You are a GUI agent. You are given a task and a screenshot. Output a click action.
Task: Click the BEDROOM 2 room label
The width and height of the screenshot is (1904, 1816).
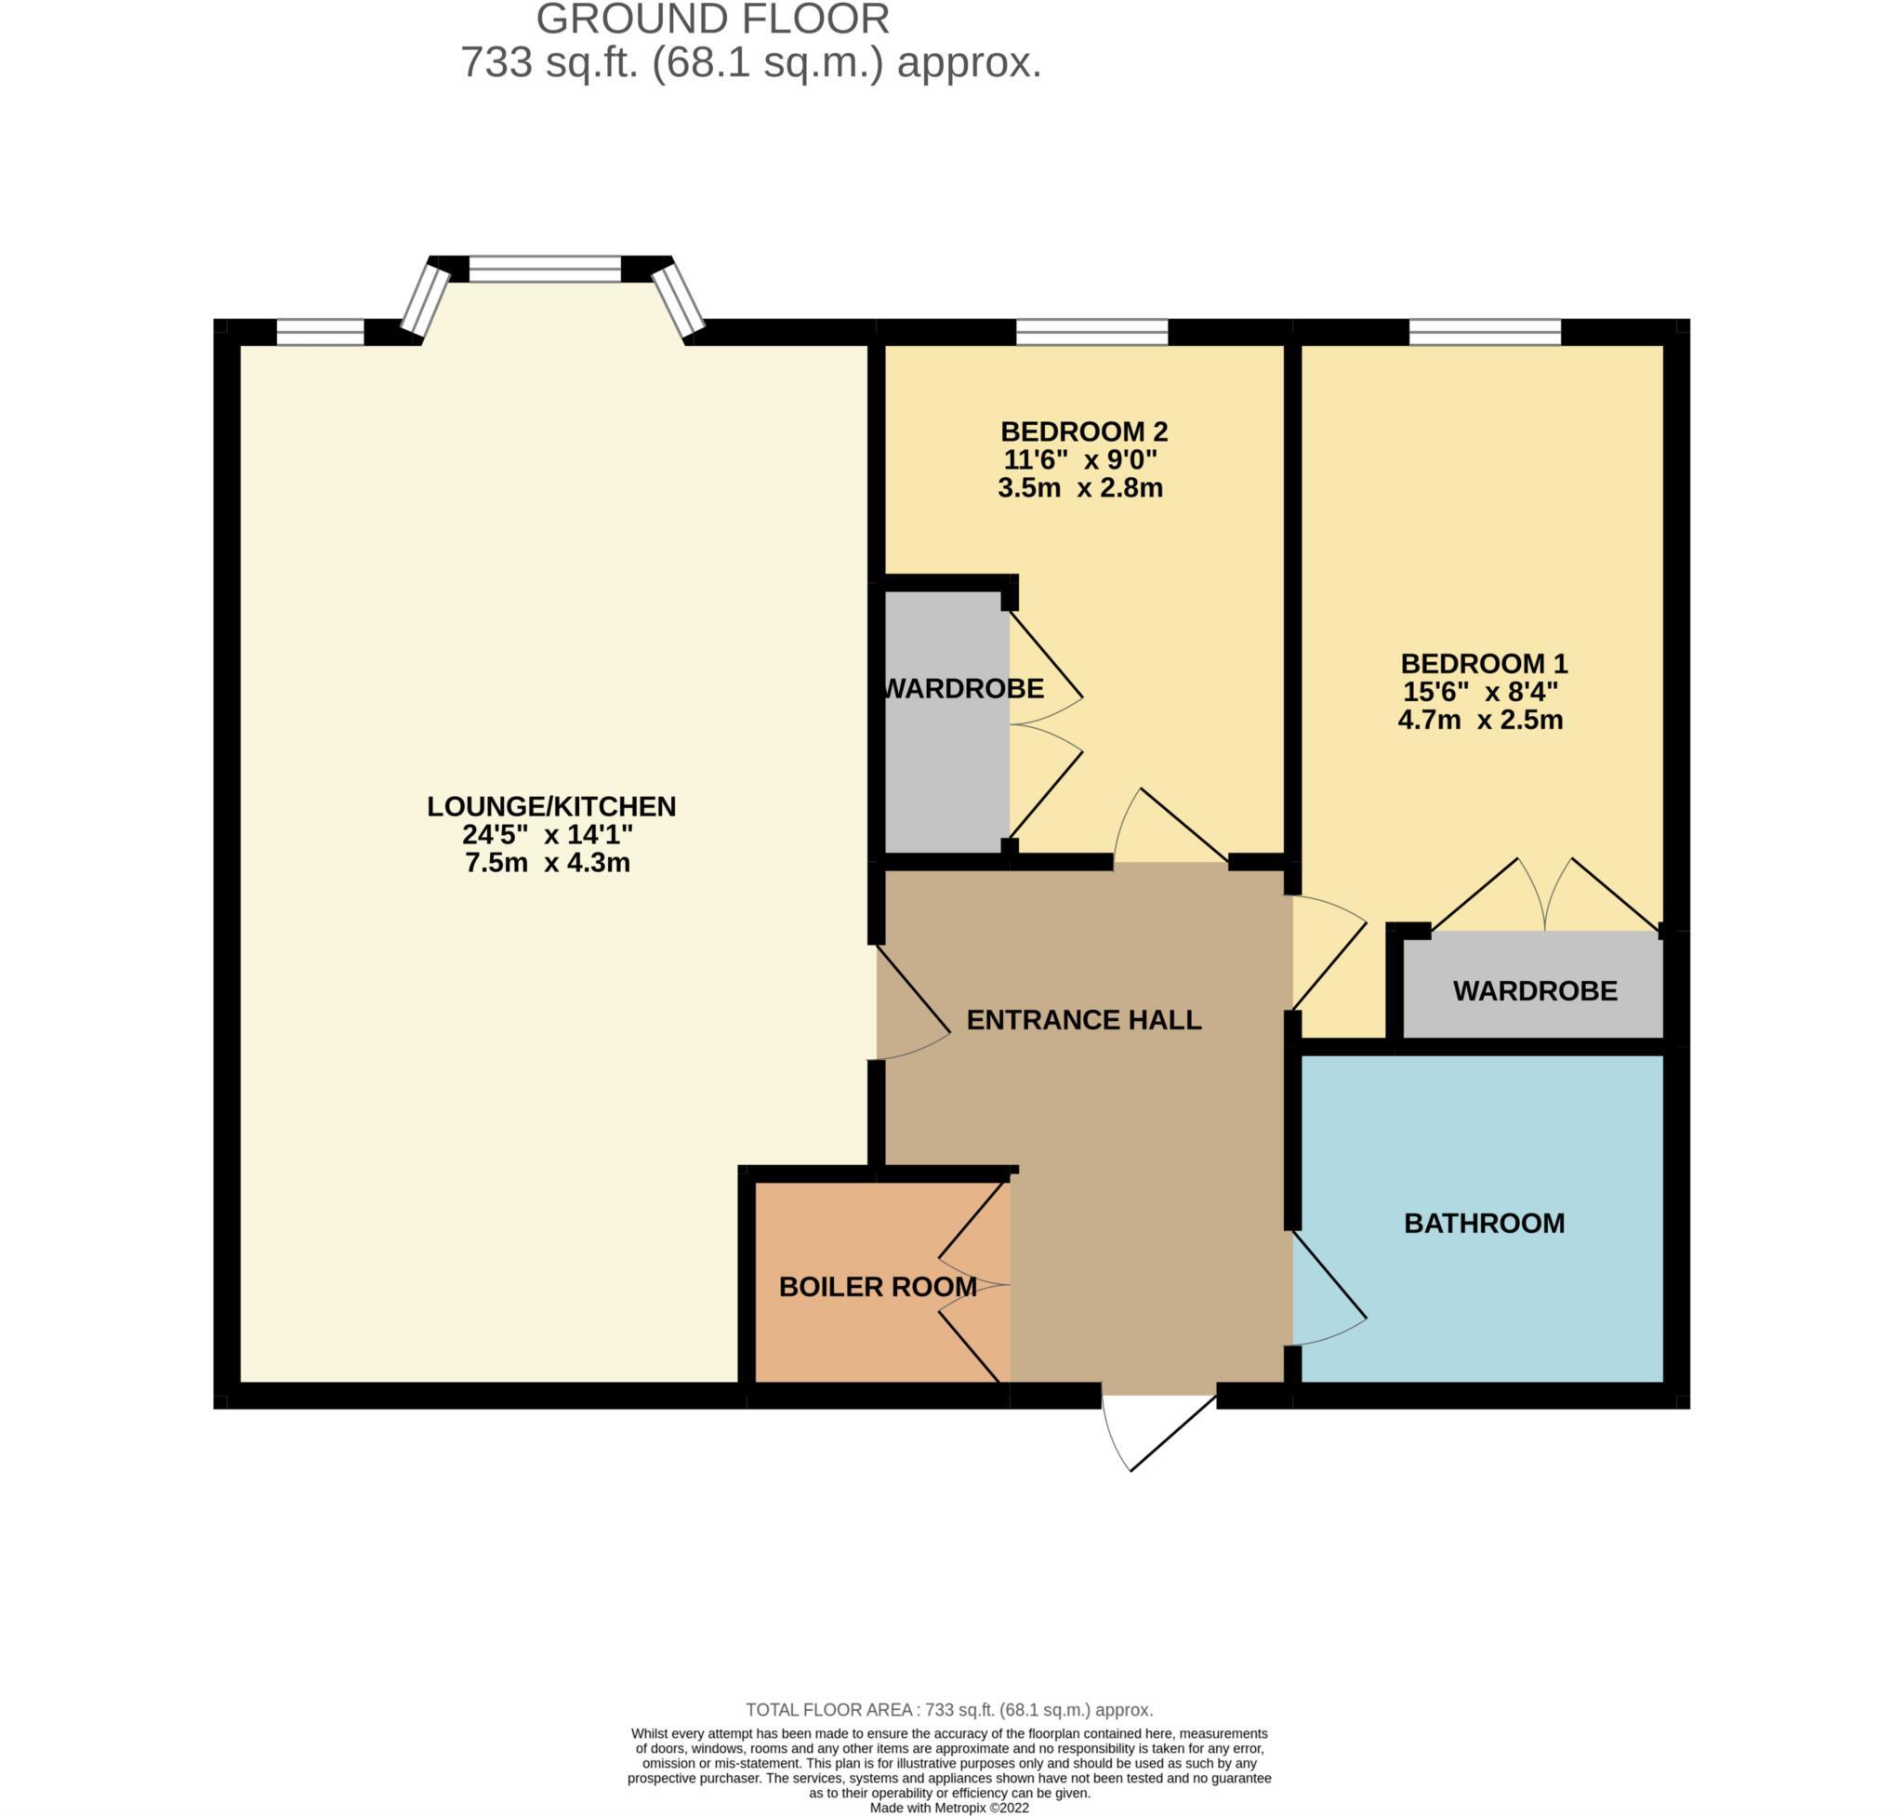click(1083, 431)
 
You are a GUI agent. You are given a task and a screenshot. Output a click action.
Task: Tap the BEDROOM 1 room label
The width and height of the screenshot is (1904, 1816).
click(1483, 664)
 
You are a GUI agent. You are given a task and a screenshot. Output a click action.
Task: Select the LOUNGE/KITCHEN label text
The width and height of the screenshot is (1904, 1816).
click(550, 806)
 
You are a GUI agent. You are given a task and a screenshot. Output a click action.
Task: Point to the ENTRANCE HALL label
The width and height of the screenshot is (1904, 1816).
click(1083, 1019)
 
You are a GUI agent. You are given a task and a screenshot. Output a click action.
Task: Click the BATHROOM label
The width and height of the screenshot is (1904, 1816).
click(1483, 1224)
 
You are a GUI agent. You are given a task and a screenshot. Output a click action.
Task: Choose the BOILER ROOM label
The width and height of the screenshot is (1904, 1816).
click(877, 1288)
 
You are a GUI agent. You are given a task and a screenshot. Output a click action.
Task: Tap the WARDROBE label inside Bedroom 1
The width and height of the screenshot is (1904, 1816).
click(1534, 991)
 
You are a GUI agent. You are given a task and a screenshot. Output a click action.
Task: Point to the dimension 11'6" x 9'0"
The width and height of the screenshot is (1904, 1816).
click(1080, 458)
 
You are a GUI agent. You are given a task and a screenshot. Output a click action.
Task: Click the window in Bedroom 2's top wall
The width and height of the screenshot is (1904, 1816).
click(1091, 332)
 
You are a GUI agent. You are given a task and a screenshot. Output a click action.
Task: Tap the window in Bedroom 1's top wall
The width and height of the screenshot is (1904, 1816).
click(1484, 332)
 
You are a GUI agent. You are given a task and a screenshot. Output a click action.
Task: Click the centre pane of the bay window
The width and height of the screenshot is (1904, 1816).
click(544, 268)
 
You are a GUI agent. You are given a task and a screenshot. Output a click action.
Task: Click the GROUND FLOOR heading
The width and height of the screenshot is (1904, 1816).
click(712, 20)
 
